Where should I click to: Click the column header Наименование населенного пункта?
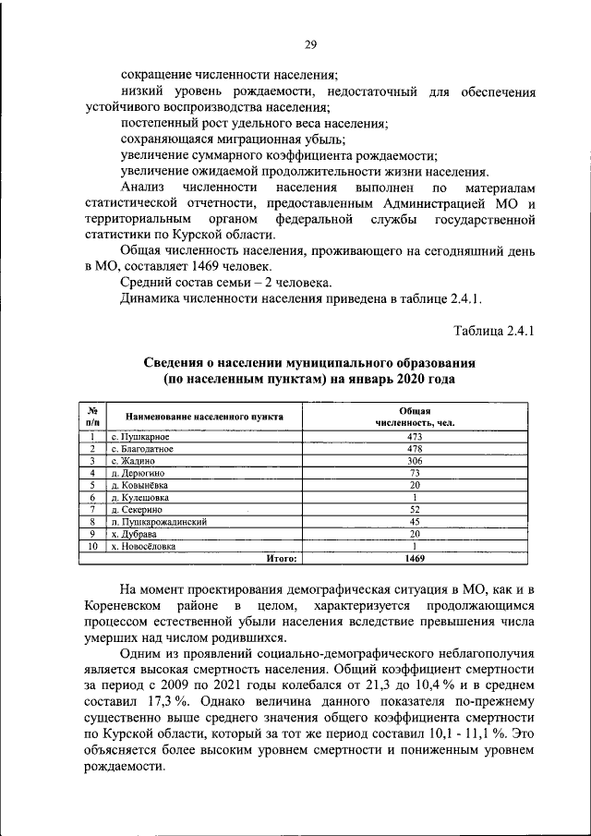204,417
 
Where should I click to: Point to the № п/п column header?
92,416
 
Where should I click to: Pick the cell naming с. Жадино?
132,460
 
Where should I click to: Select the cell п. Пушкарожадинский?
158,521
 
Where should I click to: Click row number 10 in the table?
92,546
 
